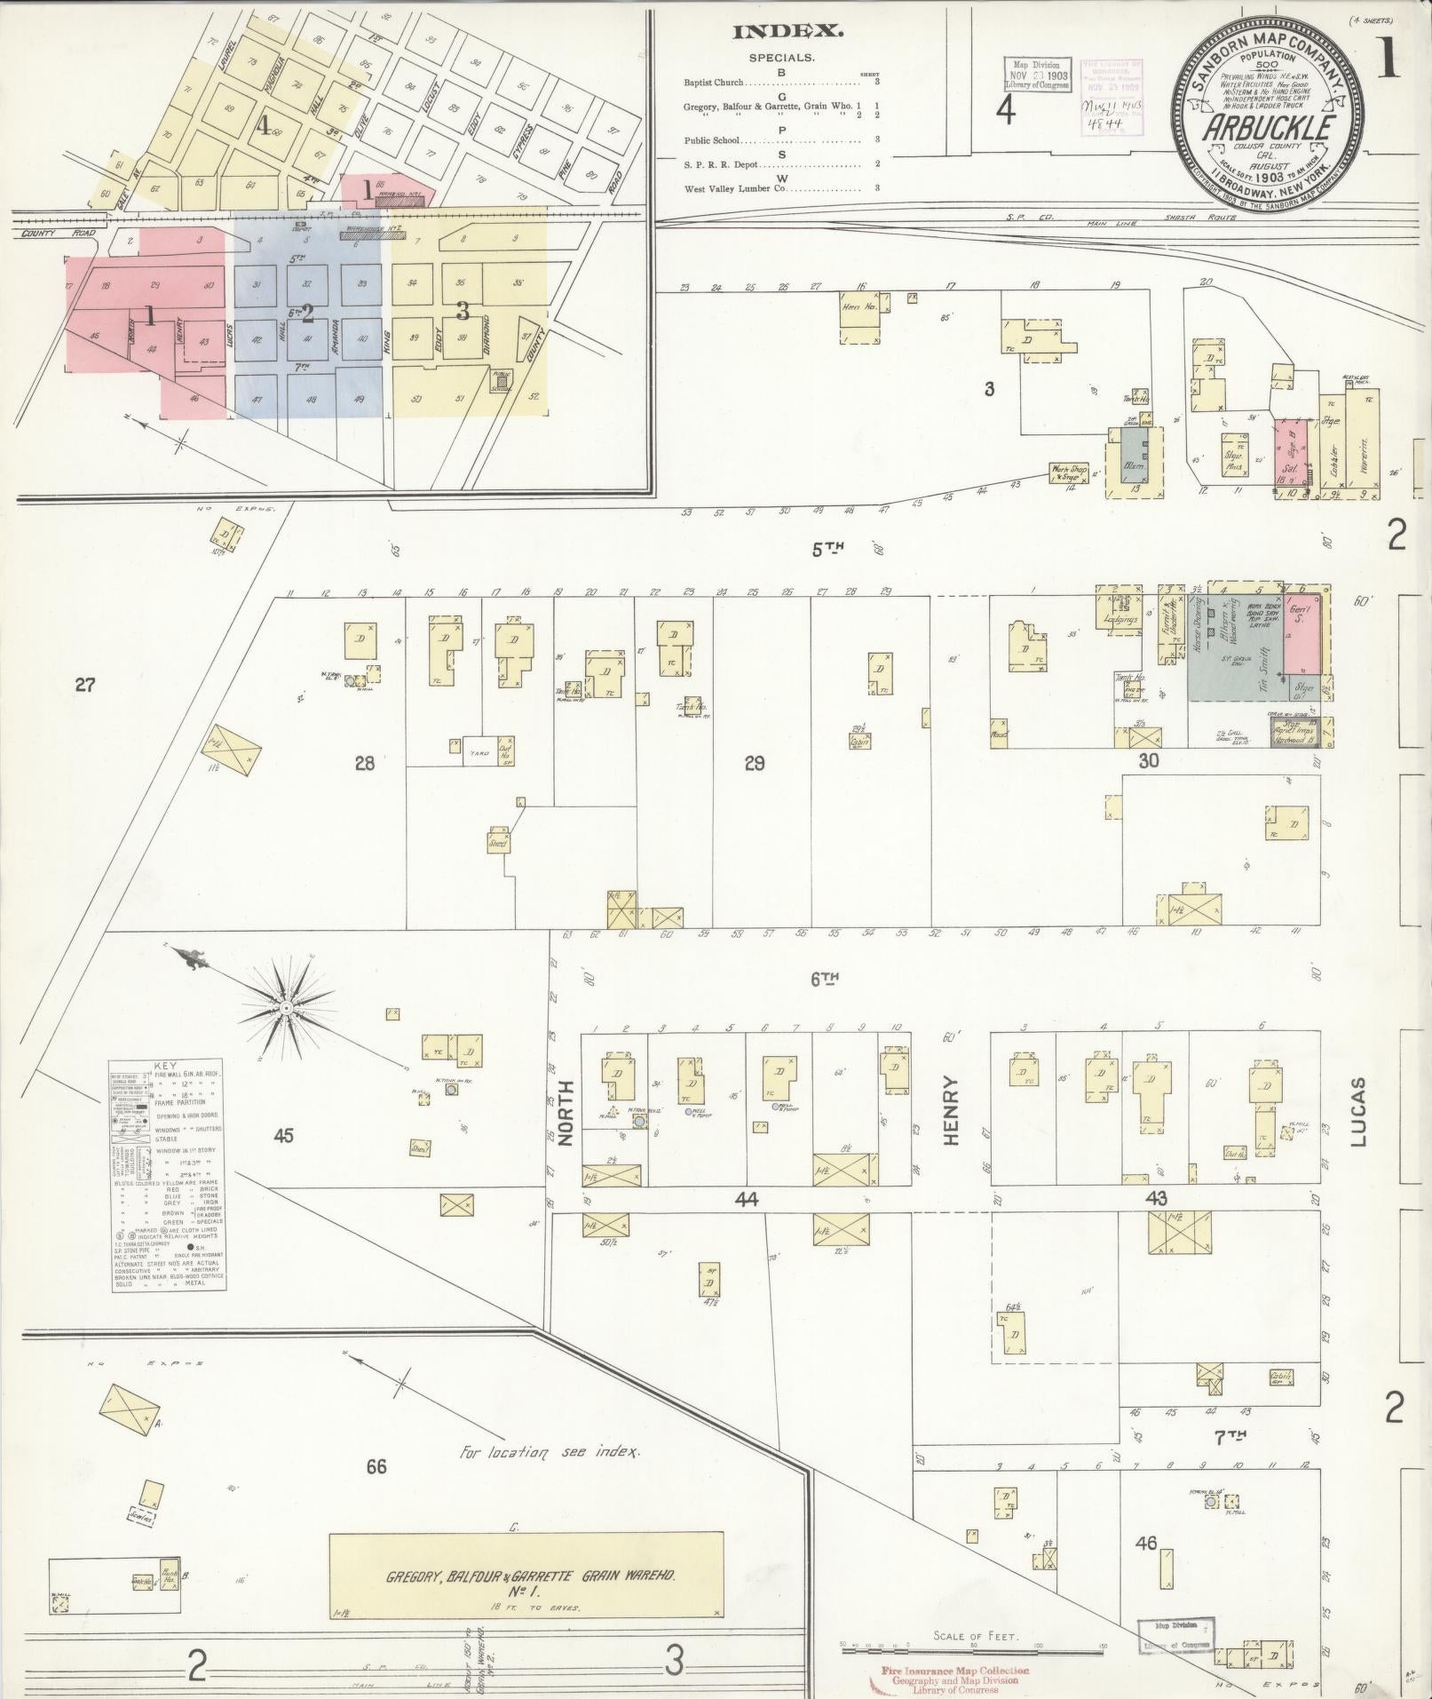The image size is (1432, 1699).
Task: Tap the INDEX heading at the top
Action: tap(787, 32)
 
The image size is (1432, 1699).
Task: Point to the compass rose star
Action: tap(286, 1008)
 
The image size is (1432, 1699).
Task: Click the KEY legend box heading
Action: tap(166, 1065)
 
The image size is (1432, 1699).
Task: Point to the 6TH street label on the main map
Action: tap(825, 979)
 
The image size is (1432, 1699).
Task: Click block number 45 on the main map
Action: tap(283, 1135)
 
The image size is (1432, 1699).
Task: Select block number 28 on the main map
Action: tap(365, 762)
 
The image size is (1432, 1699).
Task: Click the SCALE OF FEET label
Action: tap(975, 1635)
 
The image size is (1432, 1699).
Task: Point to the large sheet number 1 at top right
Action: tap(1388, 60)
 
